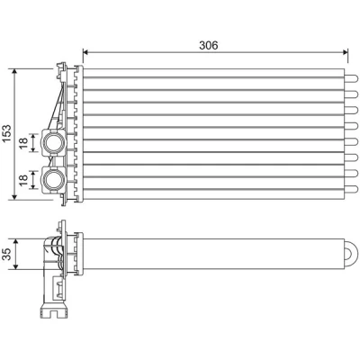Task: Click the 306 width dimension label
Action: [x=209, y=45]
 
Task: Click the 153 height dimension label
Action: [x=6, y=133]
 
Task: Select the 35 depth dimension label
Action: [x=7, y=254]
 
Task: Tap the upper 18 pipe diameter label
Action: [x=23, y=143]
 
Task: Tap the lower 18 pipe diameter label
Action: [x=23, y=180]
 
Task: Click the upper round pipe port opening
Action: [x=53, y=143]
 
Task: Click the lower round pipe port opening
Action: [x=53, y=179]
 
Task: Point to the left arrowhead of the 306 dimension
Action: [x=85, y=52]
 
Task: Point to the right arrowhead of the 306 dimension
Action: [x=345, y=52]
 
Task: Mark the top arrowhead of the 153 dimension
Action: [x=14, y=71]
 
